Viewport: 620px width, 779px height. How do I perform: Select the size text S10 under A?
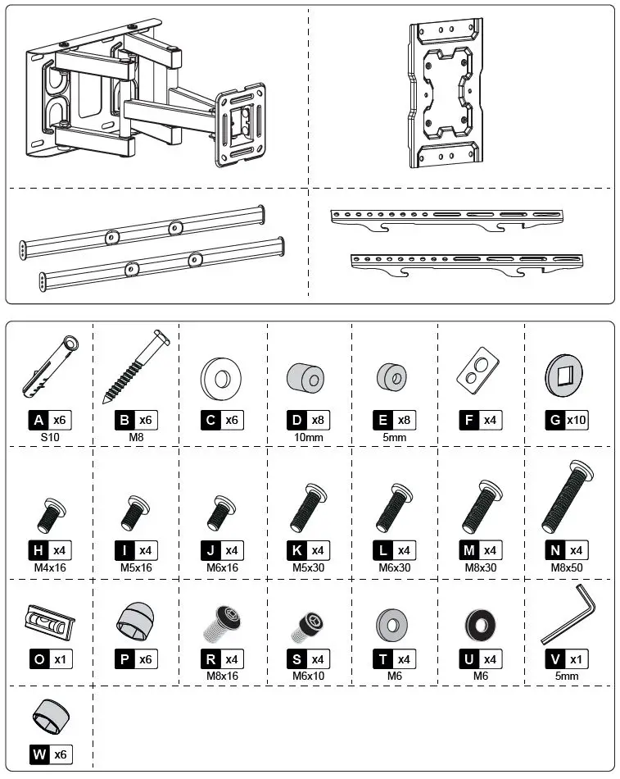(50, 438)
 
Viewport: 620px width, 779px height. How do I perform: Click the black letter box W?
(39, 754)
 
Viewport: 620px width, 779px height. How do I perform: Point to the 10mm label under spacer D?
(309, 438)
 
